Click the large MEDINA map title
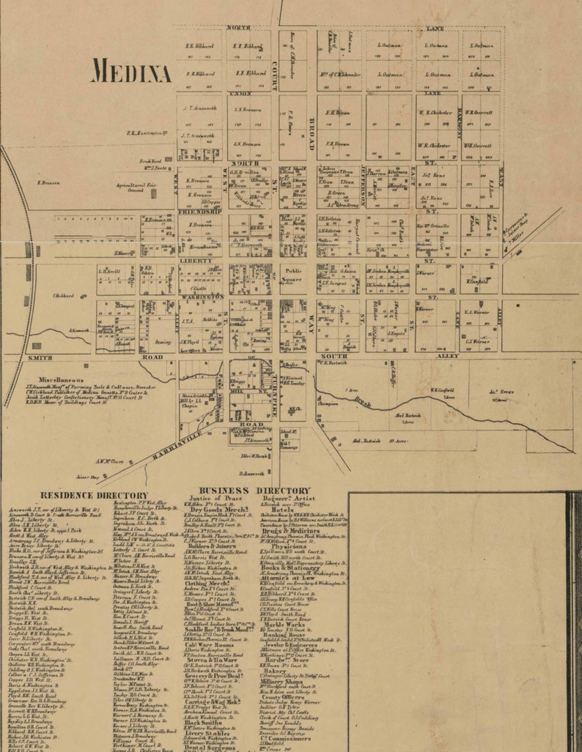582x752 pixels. [132, 72]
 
